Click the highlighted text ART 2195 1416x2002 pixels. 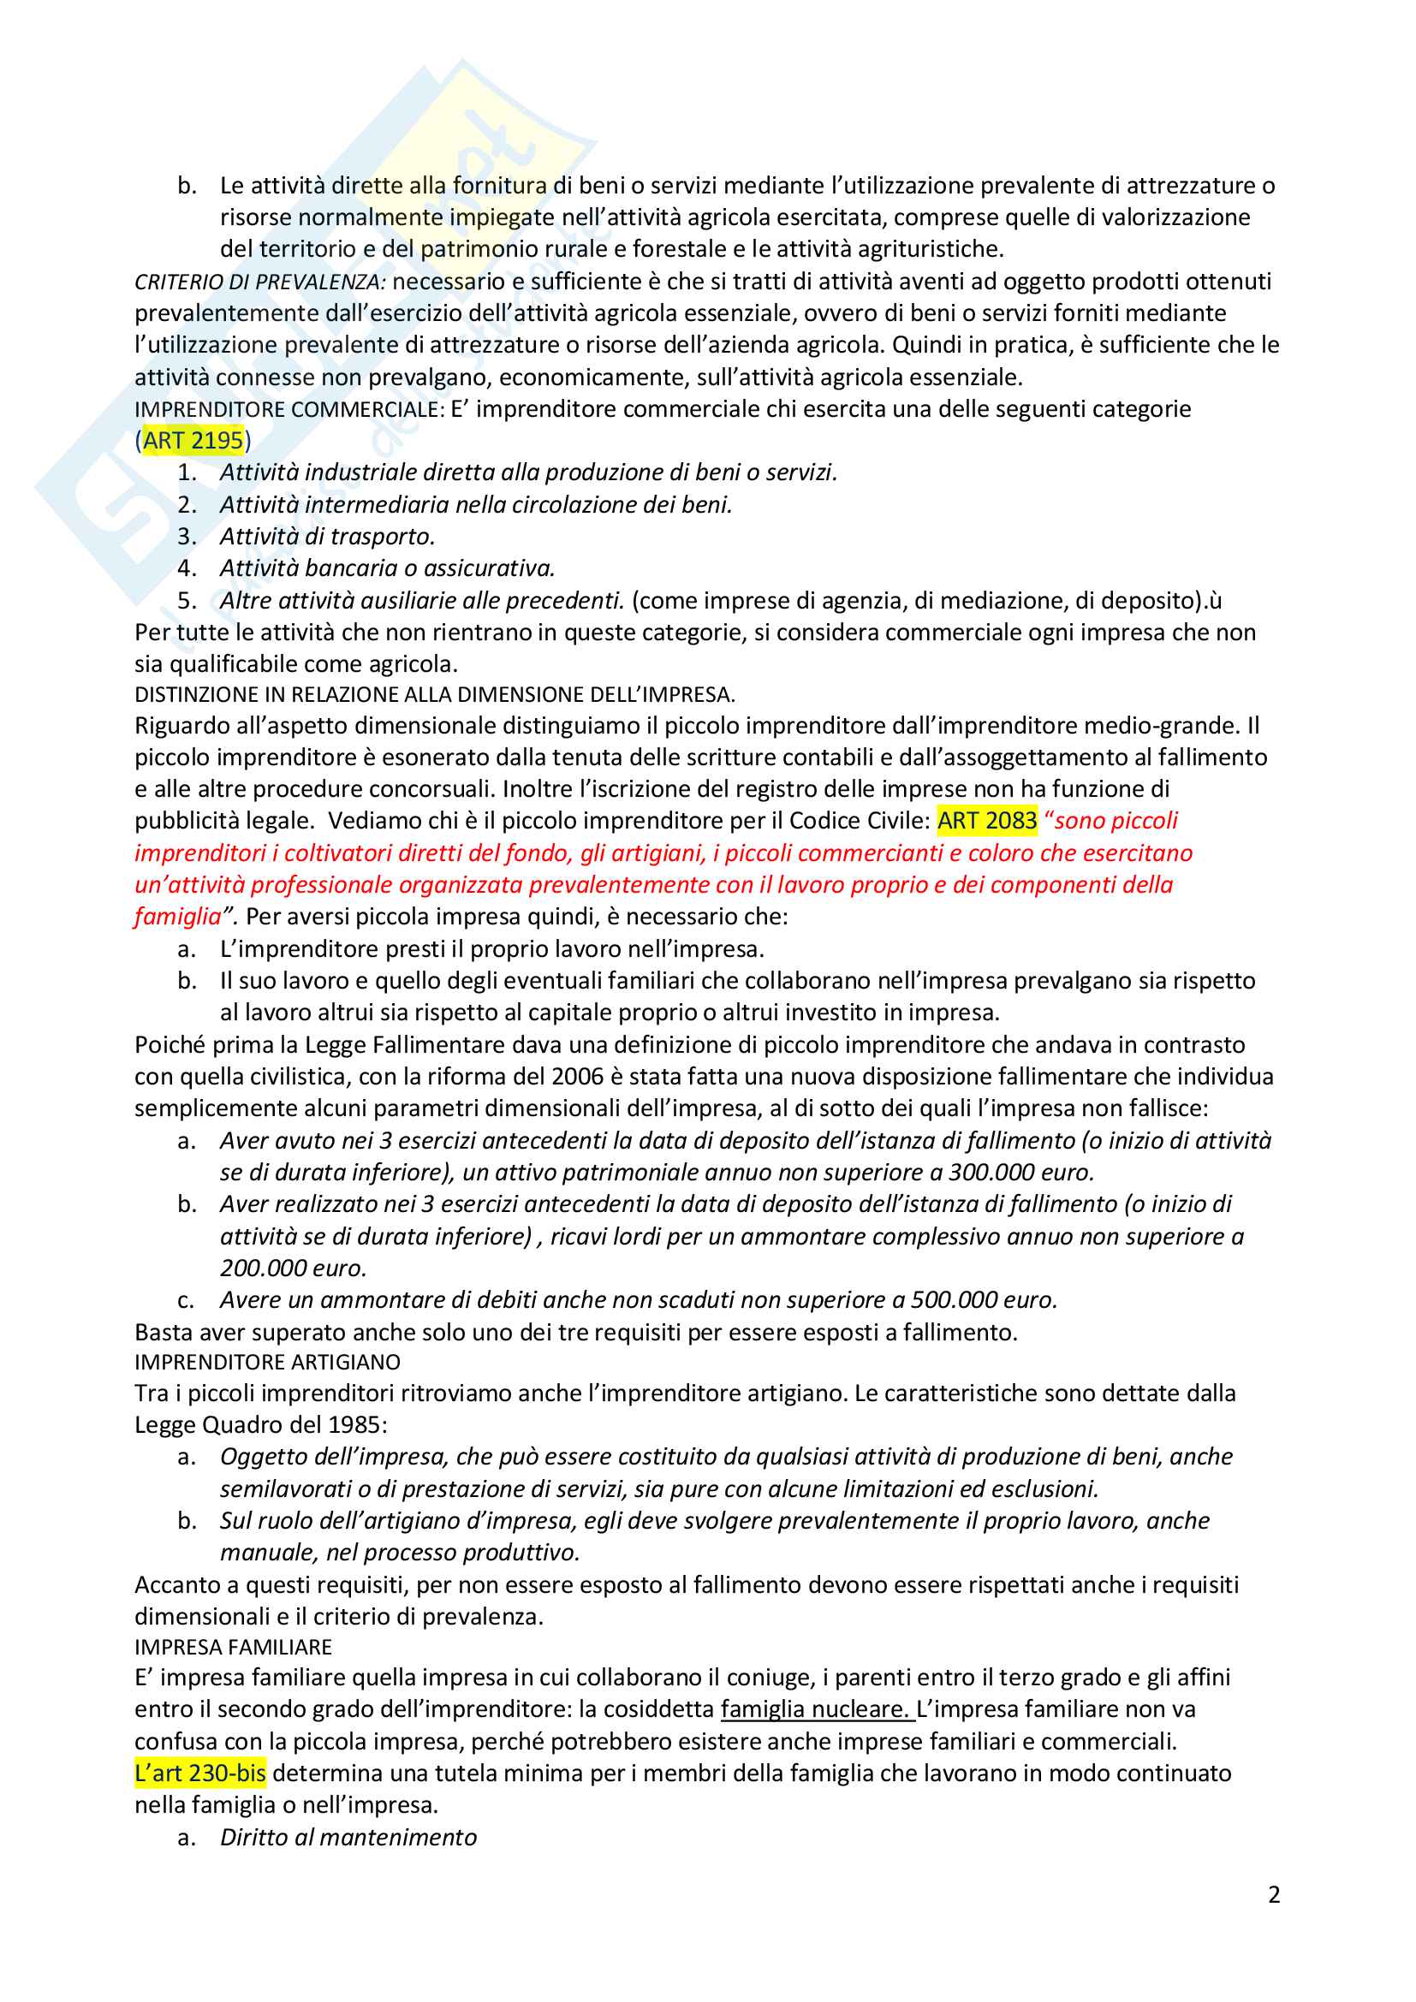click(193, 440)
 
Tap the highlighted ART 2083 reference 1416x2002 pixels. click(987, 821)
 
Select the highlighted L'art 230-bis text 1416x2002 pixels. click(200, 1773)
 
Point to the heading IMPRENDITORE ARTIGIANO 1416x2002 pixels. click(267, 1362)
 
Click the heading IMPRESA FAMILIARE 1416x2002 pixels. click(233, 1646)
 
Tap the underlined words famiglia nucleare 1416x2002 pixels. click(815, 1709)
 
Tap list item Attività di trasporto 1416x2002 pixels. click(327, 537)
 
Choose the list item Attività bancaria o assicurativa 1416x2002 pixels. click(387, 568)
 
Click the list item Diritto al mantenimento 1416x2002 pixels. click(348, 1837)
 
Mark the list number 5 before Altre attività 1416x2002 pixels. click(186, 600)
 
